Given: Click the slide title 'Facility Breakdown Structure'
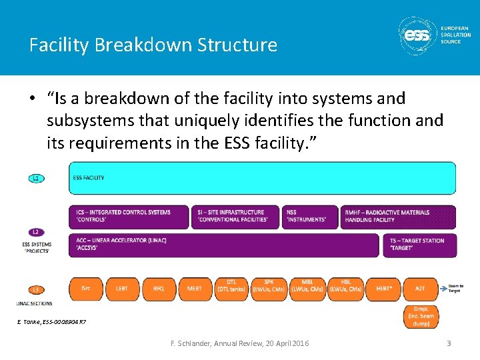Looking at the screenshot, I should [153, 45].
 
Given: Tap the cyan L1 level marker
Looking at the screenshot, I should [37, 179].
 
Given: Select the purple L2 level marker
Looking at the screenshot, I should [37, 232].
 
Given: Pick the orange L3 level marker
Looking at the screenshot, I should [37, 289].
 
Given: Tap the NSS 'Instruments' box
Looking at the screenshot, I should [311, 217].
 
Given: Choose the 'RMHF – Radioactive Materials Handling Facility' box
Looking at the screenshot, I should [399, 217].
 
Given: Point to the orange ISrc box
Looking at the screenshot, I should [85, 289].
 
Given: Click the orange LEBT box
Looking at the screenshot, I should [122, 289].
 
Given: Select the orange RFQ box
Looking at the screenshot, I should [159, 289].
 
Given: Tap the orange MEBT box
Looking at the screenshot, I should [195, 289].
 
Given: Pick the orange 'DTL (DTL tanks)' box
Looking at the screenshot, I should [232, 289].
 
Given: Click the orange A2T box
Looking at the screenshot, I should [420, 289].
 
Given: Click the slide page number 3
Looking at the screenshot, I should [449, 343].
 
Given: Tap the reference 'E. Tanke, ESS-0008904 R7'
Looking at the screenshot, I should [51, 323].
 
